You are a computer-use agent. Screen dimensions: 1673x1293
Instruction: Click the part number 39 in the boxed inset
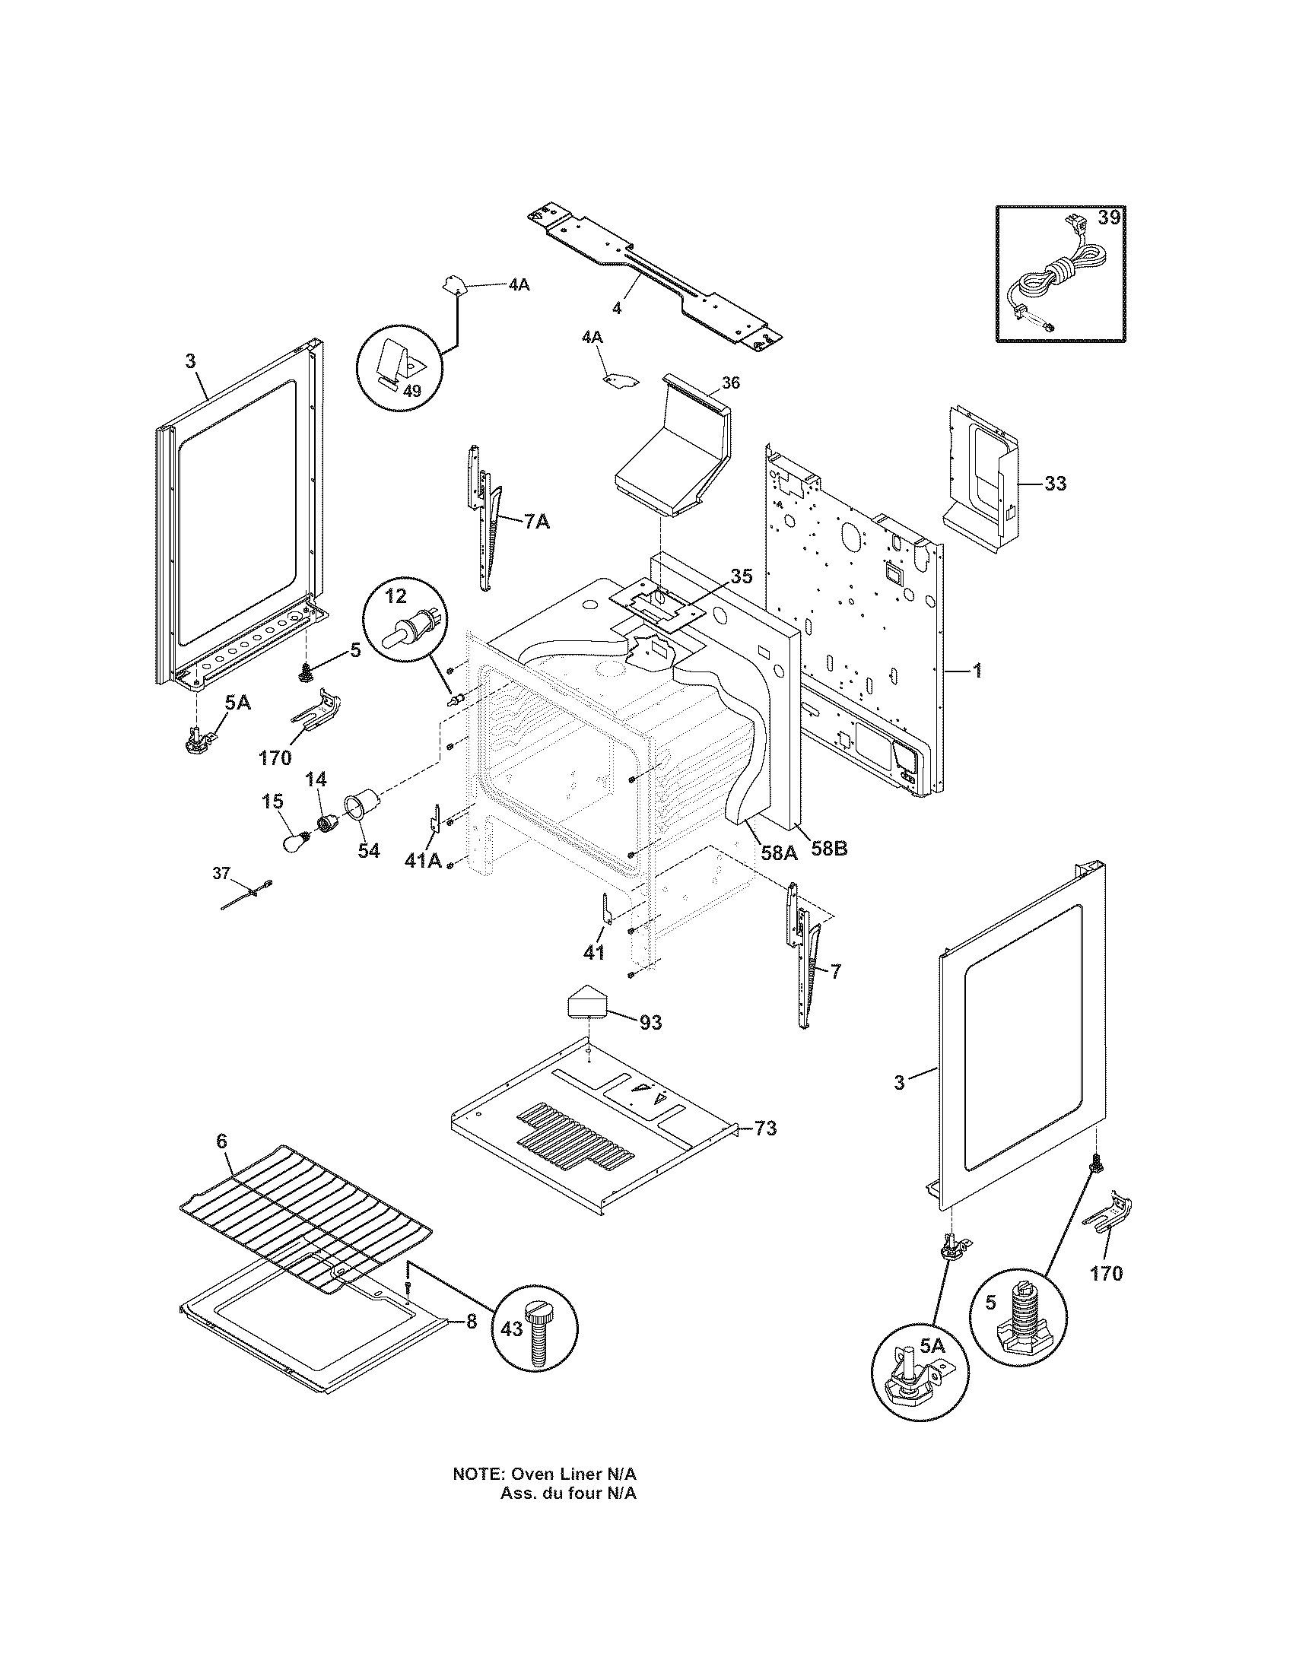(1108, 217)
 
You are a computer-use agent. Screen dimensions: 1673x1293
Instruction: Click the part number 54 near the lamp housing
(368, 850)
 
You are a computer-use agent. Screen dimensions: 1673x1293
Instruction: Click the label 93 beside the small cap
(650, 1022)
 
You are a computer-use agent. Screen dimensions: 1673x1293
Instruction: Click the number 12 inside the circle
(396, 595)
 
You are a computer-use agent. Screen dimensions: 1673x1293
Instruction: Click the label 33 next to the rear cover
(1055, 484)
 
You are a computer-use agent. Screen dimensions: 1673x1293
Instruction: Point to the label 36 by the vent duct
(731, 383)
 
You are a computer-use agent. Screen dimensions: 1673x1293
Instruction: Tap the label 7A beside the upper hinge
(536, 522)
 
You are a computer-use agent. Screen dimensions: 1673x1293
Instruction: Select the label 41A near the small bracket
(423, 861)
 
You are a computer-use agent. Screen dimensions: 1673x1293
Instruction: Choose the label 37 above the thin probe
(221, 872)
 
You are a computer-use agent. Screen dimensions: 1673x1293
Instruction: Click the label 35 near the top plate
(741, 576)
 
